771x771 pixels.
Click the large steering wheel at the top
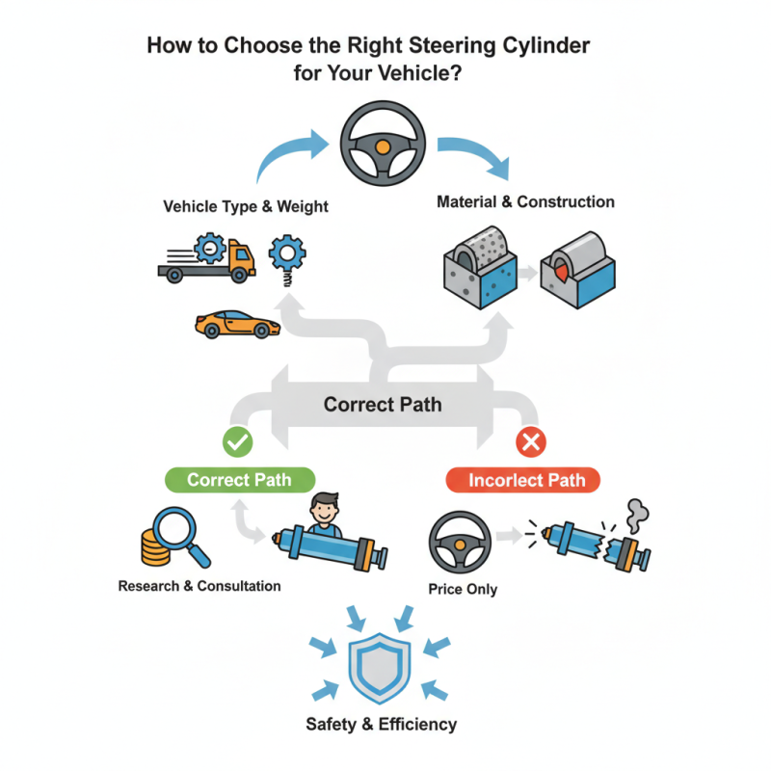click(383, 146)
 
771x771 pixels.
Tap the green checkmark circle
click(237, 442)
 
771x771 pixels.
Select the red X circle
click(531, 442)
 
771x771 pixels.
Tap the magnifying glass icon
click(179, 531)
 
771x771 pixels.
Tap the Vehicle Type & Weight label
click(246, 206)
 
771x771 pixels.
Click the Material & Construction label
click(525, 202)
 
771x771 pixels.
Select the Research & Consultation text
click(199, 586)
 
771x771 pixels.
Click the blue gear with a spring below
click(286, 254)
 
